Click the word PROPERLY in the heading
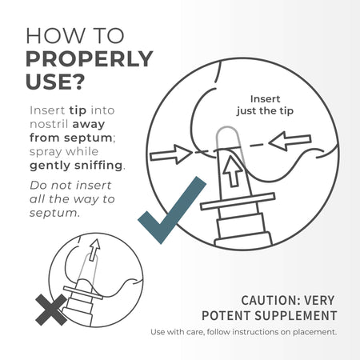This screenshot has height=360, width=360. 90,58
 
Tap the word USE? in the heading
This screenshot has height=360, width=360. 55,82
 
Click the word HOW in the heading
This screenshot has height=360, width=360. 54,36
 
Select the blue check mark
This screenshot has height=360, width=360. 172,210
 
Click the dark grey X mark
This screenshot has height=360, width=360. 51,310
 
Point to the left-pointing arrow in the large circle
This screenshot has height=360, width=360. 290,142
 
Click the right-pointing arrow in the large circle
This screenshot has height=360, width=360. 171,154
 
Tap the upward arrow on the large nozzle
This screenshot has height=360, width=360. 233,171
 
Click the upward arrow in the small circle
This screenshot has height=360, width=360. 94,250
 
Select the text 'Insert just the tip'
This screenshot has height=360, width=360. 265,105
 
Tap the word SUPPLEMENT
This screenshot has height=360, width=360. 296,316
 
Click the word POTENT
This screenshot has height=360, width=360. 226,316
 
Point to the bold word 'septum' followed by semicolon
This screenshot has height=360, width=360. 88,138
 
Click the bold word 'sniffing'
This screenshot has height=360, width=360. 98,166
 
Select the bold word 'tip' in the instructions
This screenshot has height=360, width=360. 78,110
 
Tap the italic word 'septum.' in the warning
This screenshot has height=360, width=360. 54,214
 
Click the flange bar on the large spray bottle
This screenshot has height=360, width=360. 238,202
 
